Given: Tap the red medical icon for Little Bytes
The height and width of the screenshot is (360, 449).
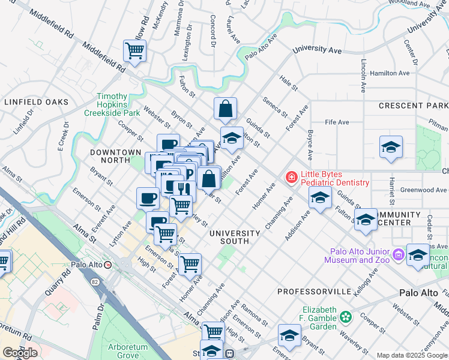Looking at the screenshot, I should [x=291, y=177].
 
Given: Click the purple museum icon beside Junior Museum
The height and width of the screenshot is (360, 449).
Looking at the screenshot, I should [x=397, y=256].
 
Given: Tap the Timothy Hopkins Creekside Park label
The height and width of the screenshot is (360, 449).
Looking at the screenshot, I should [x=113, y=104].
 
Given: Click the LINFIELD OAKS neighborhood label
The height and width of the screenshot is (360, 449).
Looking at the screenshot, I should [x=36, y=102].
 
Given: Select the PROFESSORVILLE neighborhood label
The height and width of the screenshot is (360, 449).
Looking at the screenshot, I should [x=314, y=291].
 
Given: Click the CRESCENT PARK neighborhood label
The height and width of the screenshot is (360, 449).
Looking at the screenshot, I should [x=414, y=106].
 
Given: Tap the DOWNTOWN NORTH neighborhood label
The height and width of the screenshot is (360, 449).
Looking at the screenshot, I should [x=115, y=156].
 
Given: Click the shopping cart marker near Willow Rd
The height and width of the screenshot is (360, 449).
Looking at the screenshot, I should [x=134, y=51].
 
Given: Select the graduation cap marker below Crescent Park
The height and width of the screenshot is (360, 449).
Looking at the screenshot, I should [x=391, y=147].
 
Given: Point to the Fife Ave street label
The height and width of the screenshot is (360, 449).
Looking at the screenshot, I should [x=337, y=122].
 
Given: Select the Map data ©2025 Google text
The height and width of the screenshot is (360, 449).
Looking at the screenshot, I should [x=411, y=355].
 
